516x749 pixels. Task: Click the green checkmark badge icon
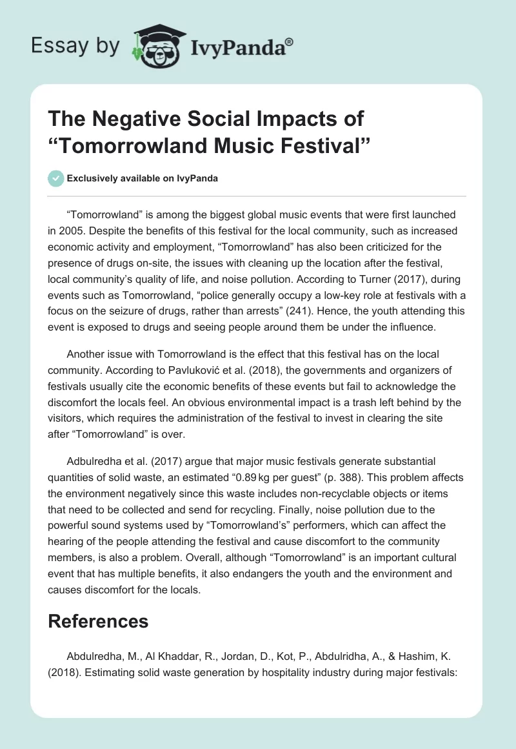tap(57, 178)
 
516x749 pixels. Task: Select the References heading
tap(98, 621)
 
